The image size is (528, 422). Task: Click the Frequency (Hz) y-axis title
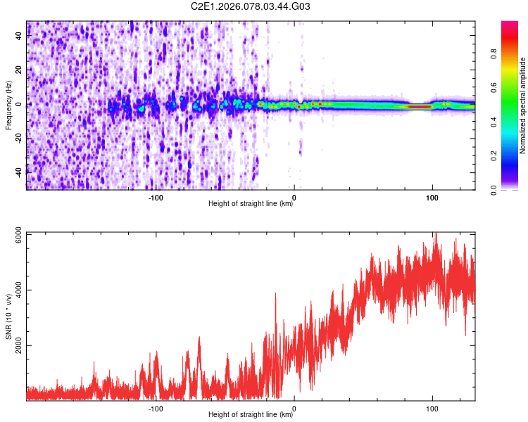click(8, 105)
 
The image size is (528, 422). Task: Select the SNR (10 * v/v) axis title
click(8, 316)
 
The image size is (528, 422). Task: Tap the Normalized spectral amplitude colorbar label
click(522, 105)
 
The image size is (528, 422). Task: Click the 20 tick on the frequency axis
click(19, 70)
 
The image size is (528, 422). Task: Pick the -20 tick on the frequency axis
click(19, 137)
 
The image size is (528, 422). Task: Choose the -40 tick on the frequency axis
click(19, 171)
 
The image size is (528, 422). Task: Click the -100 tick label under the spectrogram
click(156, 197)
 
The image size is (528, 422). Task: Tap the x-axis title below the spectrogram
click(251, 204)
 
